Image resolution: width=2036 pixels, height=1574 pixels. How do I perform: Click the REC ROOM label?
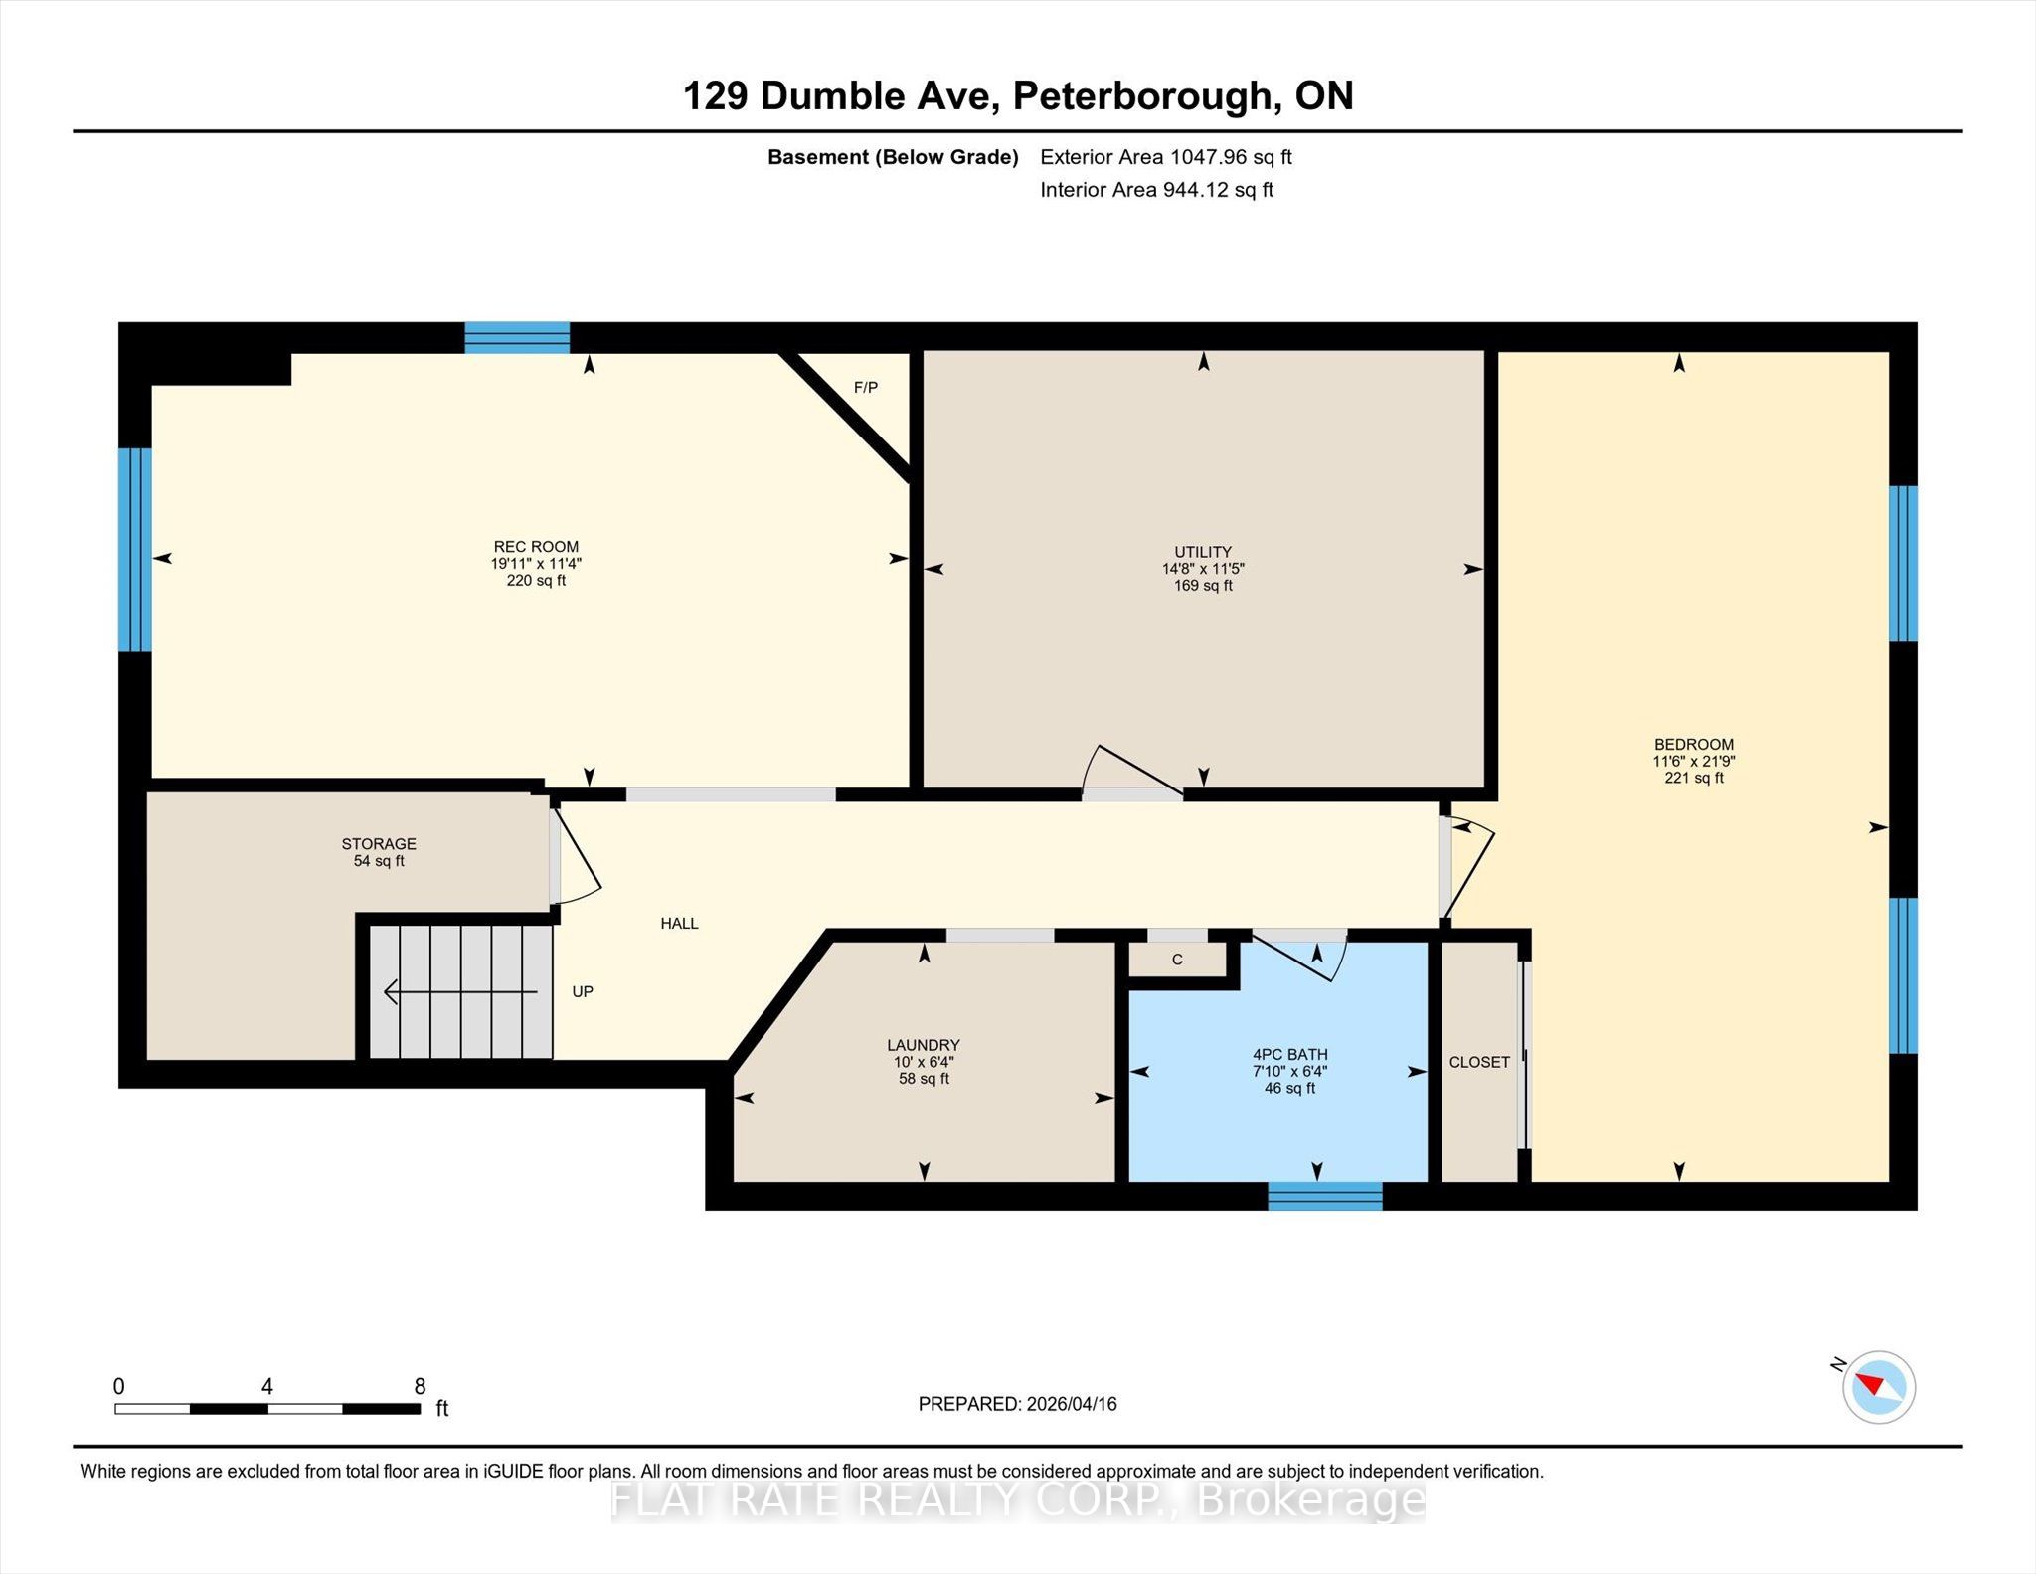(x=536, y=546)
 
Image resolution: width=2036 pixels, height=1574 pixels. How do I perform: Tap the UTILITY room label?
(x=1203, y=552)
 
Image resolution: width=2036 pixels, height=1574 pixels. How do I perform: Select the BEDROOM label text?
(x=1694, y=744)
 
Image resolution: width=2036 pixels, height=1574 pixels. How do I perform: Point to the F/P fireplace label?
(x=866, y=387)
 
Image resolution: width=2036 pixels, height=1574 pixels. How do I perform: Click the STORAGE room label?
(x=379, y=843)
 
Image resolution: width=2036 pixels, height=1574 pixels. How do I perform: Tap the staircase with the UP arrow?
(x=461, y=991)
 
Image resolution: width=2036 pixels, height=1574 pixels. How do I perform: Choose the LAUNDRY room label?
(x=924, y=1045)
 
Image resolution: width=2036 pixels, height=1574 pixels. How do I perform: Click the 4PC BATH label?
(x=1290, y=1054)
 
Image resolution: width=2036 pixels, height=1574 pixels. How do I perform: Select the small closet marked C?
(x=1178, y=960)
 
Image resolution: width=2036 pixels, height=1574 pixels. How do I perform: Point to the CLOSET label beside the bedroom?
(x=1479, y=1062)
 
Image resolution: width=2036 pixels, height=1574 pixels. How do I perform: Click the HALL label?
(x=680, y=923)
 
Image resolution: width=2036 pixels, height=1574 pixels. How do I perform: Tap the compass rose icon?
(x=1879, y=1387)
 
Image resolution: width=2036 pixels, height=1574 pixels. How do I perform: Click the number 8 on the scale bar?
(x=420, y=1386)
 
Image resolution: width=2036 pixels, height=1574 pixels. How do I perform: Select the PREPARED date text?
(x=1018, y=1404)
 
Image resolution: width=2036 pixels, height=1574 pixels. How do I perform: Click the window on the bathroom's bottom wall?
(x=1325, y=1196)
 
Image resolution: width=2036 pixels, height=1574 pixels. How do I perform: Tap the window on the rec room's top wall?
(x=517, y=337)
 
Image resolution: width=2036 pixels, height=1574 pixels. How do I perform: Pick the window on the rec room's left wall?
(x=135, y=550)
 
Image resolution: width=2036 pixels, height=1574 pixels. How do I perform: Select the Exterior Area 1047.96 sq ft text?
(x=1166, y=157)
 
